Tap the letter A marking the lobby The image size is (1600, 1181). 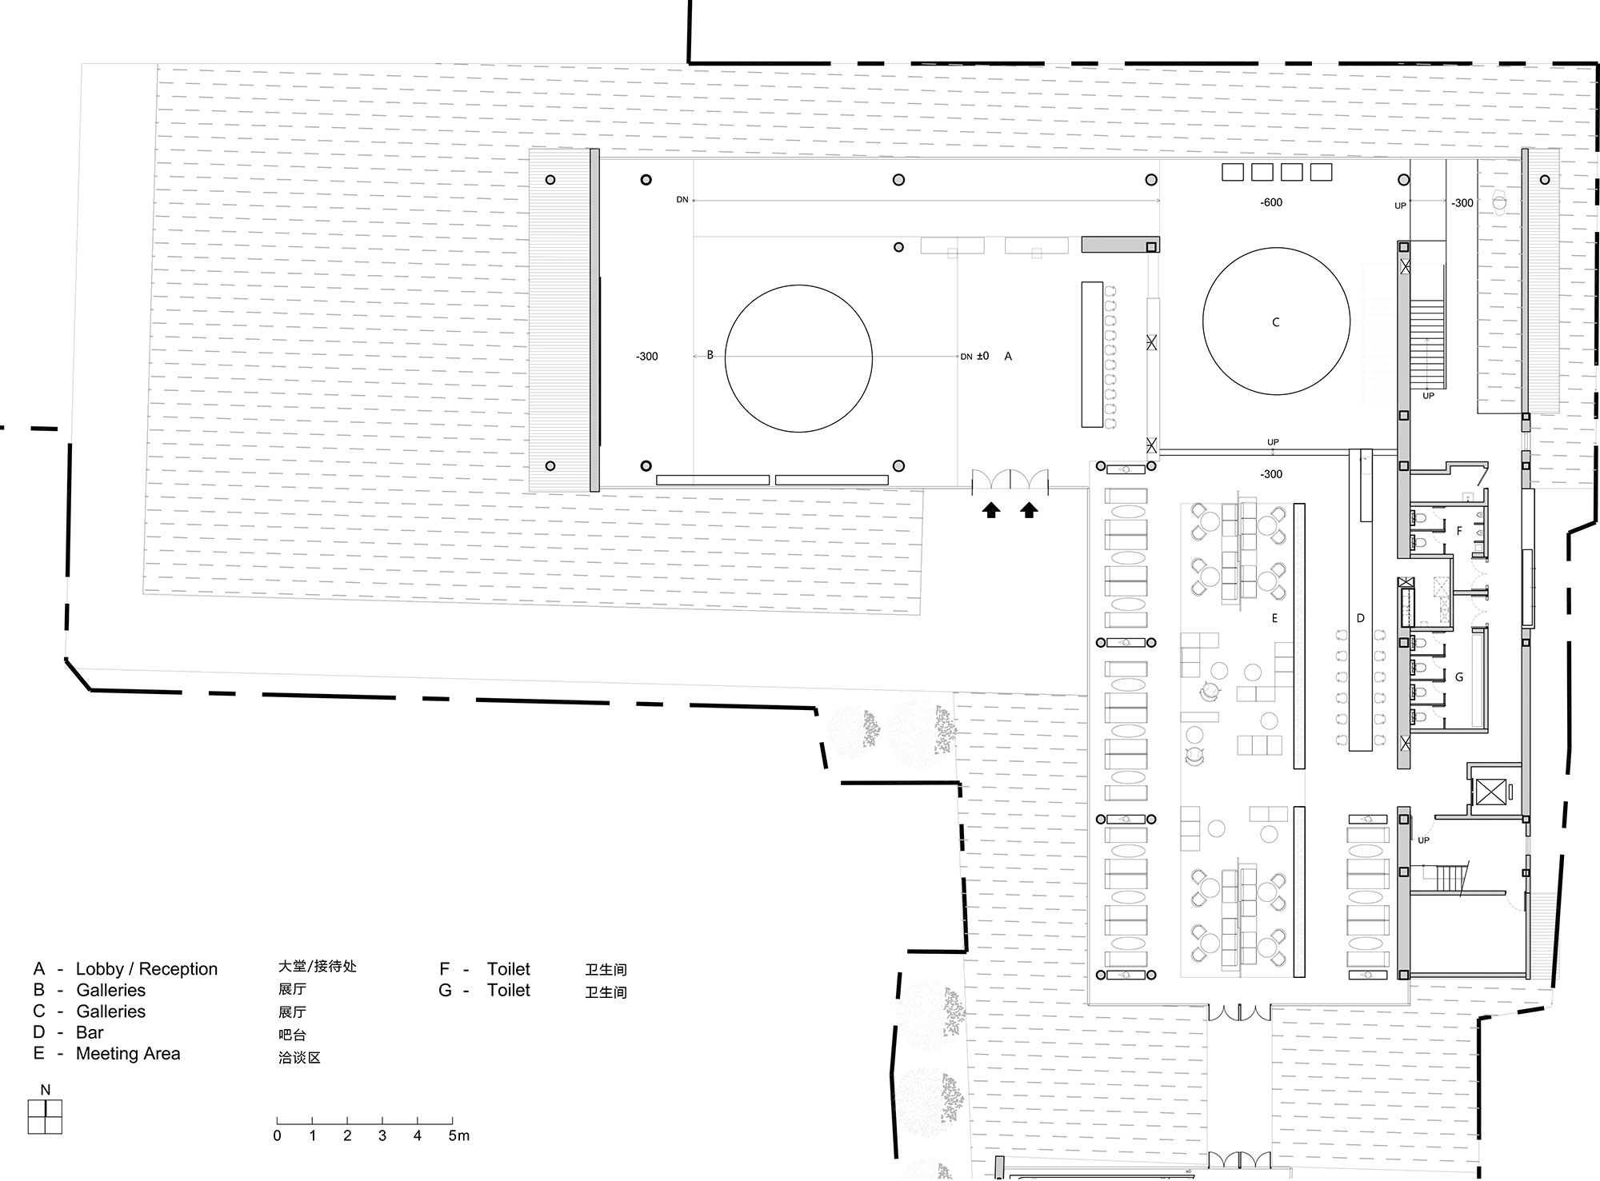pyautogui.click(x=1008, y=356)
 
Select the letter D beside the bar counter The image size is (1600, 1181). pyautogui.click(x=1360, y=618)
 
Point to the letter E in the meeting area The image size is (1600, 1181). pyautogui.click(x=1274, y=618)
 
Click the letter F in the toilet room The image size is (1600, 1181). pyautogui.click(x=1459, y=531)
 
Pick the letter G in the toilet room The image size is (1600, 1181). pyautogui.click(x=1459, y=677)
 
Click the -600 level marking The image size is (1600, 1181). pyautogui.click(x=1271, y=202)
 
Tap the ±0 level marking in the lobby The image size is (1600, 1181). pyautogui.click(x=982, y=356)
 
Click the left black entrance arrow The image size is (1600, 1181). pyautogui.click(x=991, y=509)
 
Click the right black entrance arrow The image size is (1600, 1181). pyautogui.click(x=1029, y=509)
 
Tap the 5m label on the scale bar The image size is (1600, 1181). pyautogui.click(x=459, y=1135)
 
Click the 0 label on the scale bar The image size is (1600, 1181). pyautogui.click(x=277, y=1135)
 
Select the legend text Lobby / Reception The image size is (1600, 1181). pyautogui.click(x=146, y=969)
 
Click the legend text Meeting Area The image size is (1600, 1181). pyautogui.click(x=128, y=1054)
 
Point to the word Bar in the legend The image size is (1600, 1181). pyautogui.click(x=90, y=1032)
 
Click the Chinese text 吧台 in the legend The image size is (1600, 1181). pyautogui.click(x=292, y=1035)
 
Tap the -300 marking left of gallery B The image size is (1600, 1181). pyautogui.click(x=646, y=357)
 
